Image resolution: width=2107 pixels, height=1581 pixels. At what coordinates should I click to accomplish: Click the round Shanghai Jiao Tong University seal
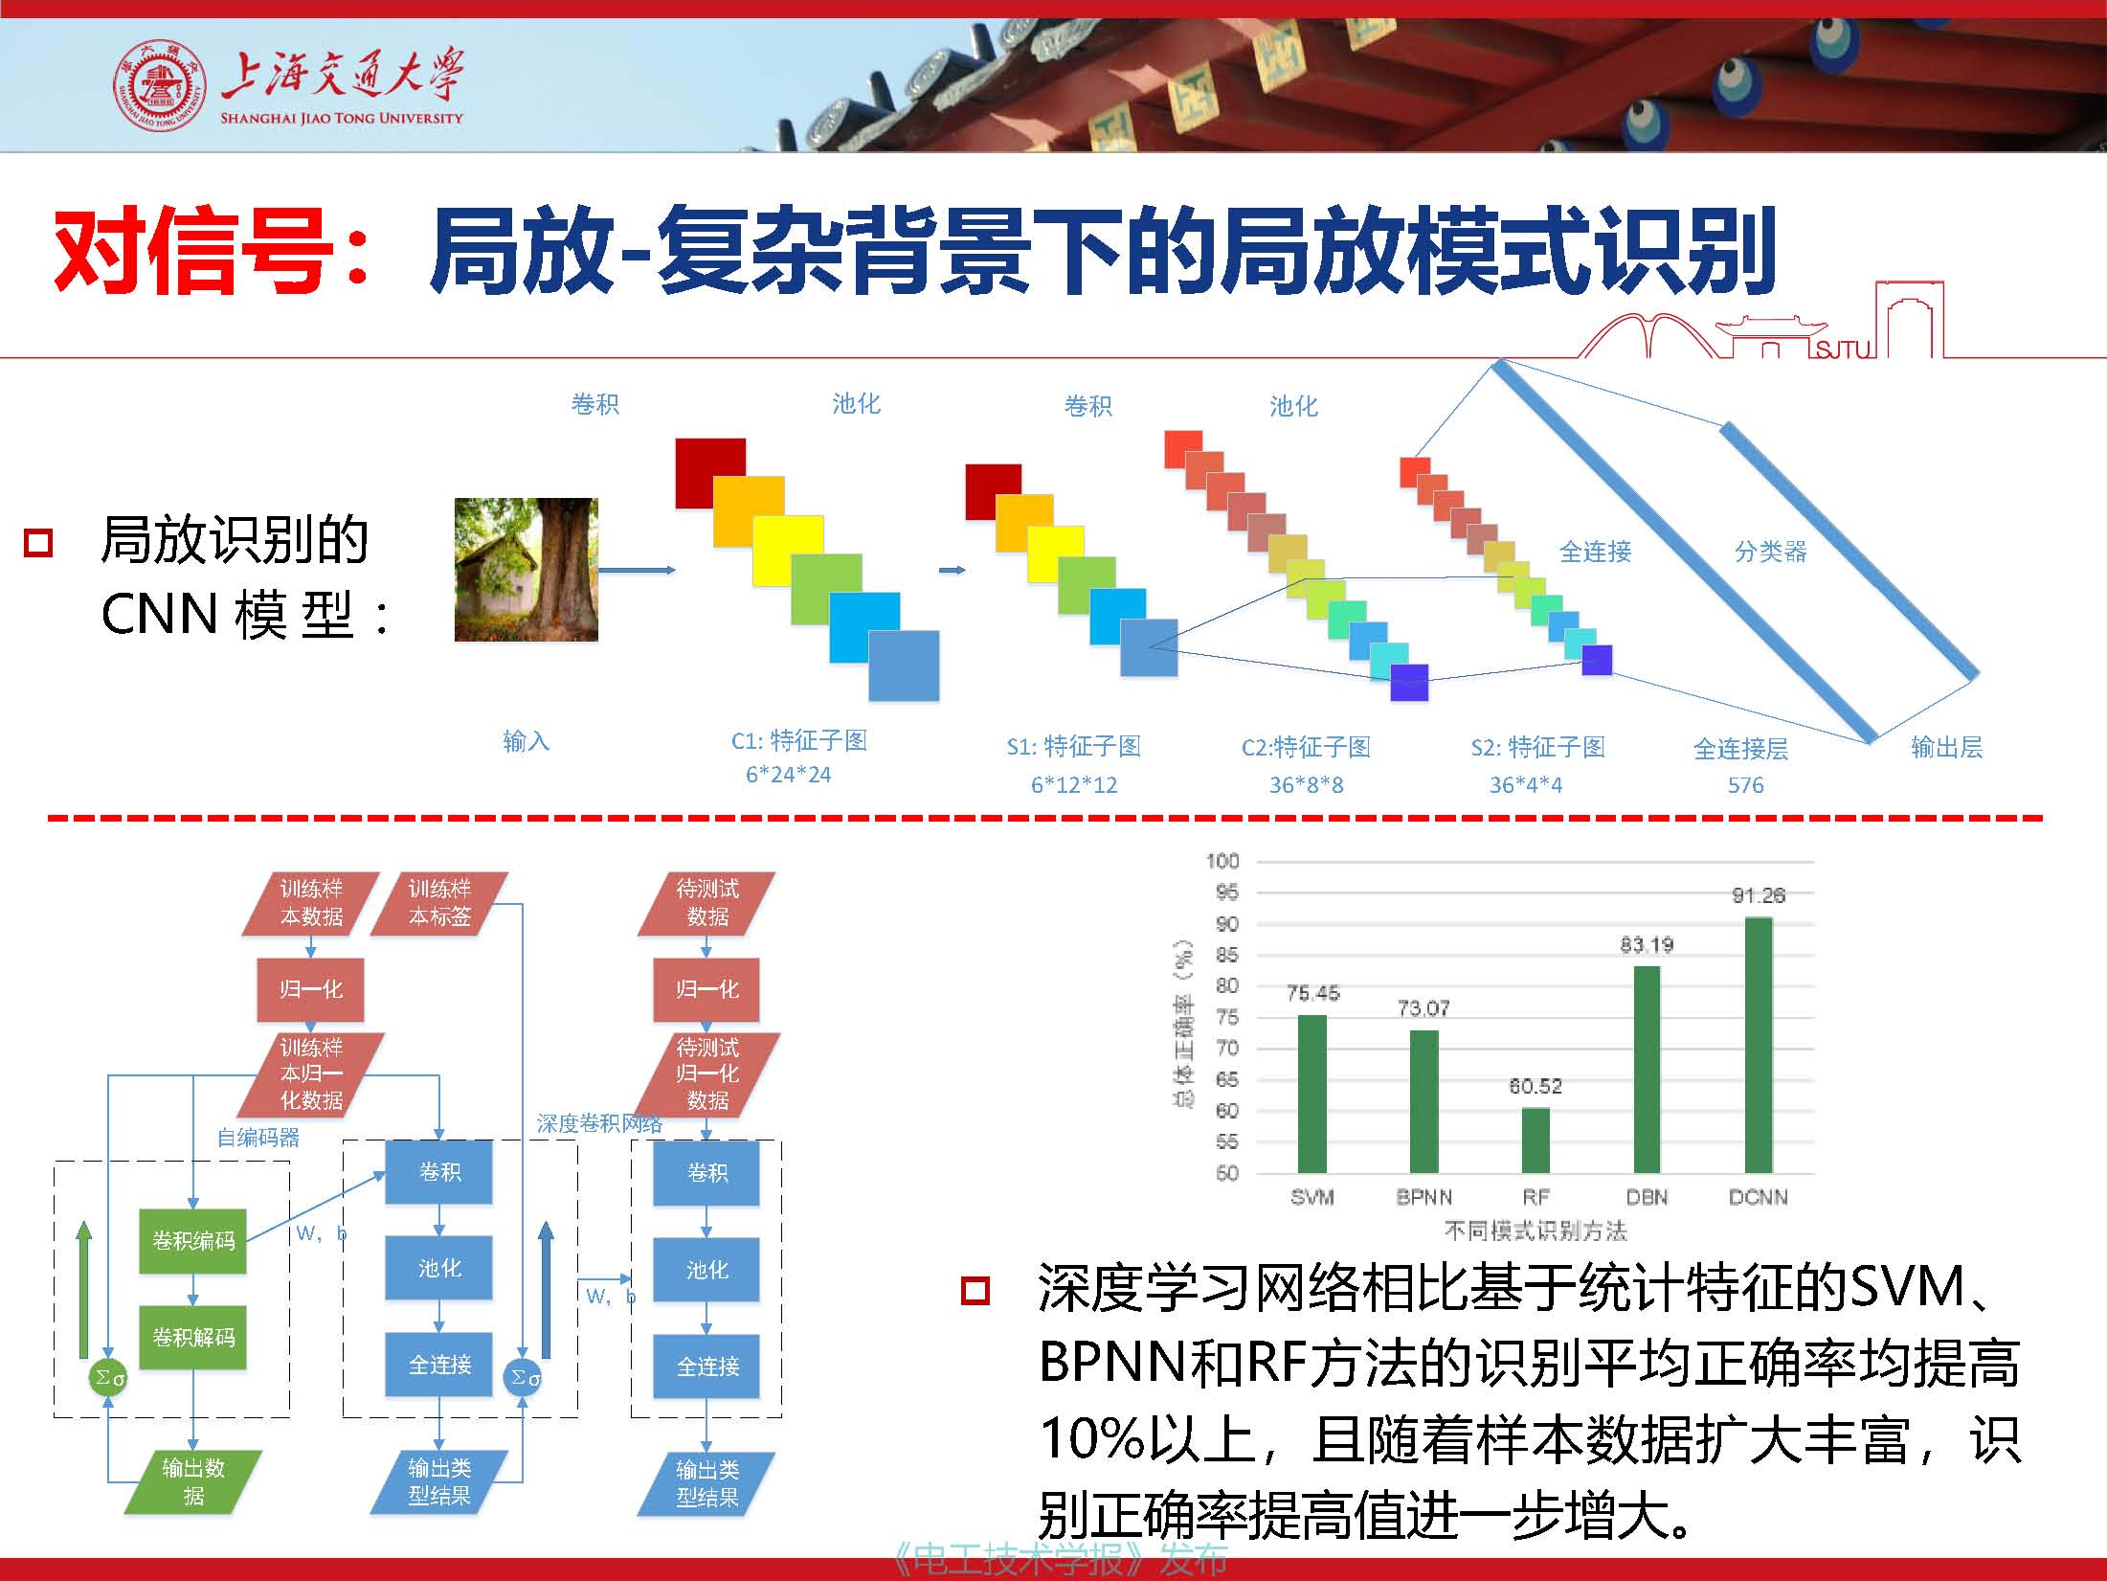click(160, 86)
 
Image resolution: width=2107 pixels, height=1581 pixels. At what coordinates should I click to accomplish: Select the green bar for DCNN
click(1759, 1045)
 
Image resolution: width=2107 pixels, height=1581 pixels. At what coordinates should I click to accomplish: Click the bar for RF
click(1535, 1141)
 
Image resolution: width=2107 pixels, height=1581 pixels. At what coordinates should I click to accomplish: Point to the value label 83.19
click(1647, 945)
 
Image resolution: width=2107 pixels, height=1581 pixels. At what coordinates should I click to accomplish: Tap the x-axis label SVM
click(1311, 1197)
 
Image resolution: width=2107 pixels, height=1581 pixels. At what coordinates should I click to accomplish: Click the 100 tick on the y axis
click(1222, 861)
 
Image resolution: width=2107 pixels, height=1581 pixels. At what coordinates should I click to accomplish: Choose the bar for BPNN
click(1424, 1101)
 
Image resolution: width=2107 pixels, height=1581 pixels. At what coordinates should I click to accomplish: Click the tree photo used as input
click(527, 570)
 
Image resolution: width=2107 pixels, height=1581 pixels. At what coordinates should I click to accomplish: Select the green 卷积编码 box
click(193, 1241)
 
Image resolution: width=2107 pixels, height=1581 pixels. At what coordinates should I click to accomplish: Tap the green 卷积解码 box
click(193, 1337)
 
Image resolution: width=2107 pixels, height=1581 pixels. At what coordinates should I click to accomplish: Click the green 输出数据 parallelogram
click(193, 1482)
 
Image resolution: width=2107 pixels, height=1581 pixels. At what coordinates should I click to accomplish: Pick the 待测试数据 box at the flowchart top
click(706, 903)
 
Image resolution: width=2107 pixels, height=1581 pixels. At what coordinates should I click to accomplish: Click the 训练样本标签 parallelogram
click(439, 903)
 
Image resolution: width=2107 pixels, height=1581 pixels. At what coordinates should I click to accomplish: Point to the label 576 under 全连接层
click(1745, 785)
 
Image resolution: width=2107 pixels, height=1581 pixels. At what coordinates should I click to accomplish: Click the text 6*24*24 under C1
click(789, 775)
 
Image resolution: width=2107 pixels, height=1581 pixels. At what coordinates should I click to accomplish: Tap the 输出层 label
click(1946, 747)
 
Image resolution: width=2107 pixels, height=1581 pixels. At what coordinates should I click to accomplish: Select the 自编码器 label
click(258, 1138)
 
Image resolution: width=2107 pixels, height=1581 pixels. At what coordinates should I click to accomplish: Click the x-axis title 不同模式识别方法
click(1535, 1231)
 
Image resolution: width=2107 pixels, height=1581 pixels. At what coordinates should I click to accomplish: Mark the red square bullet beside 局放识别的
click(38, 543)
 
